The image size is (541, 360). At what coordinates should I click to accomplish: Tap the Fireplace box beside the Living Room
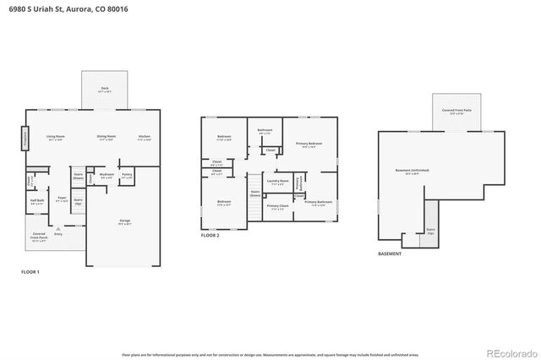[x=24, y=137]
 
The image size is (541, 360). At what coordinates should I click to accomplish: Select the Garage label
[x=124, y=222]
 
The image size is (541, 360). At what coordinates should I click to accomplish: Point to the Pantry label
[x=127, y=177]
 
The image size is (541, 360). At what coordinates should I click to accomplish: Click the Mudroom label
[x=107, y=177]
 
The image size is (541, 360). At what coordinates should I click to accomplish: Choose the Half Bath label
[x=37, y=202]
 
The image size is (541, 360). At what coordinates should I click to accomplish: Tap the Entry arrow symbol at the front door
[x=57, y=230]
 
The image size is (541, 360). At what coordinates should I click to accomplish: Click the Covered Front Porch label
[x=39, y=237]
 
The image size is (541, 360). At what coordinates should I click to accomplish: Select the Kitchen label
[x=145, y=137]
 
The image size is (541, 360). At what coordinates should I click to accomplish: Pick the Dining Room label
[x=106, y=137]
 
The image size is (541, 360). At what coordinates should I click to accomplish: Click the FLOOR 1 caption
[x=30, y=271]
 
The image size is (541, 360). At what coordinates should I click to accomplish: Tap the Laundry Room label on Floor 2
[x=278, y=182]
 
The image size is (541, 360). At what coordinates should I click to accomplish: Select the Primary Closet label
[x=277, y=206]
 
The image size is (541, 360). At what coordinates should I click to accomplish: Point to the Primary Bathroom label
[x=318, y=203]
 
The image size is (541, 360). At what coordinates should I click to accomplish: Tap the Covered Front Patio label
[x=457, y=110]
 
